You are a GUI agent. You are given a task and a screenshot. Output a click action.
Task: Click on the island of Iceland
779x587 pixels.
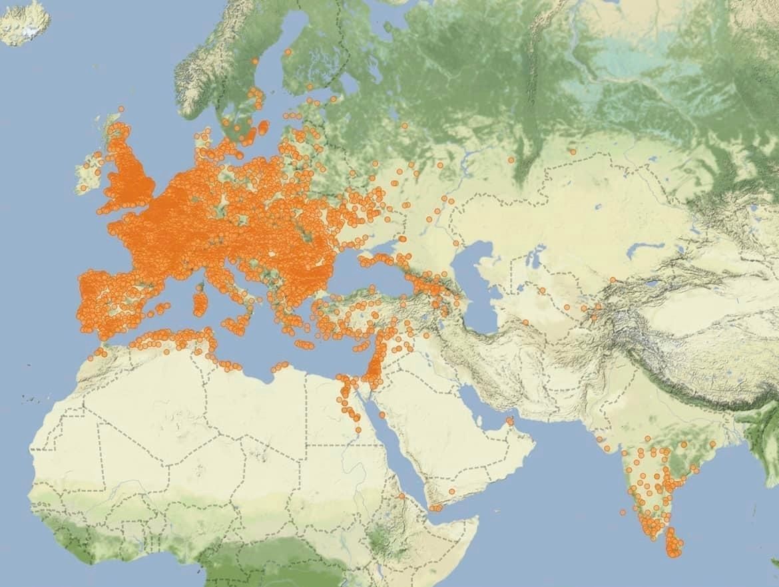(x=25, y=21)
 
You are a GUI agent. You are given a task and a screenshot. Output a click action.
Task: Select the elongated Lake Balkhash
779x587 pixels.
(x=649, y=250)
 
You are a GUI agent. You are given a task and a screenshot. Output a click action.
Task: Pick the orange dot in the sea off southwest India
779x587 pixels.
(x=623, y=512)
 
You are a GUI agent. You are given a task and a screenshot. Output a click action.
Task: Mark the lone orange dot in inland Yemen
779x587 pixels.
(x=451, y=491)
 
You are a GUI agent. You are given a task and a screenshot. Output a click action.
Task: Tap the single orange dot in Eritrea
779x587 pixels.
(x=401, y=496)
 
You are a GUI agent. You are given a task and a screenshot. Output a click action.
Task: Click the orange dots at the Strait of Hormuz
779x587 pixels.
(x=509, y=421)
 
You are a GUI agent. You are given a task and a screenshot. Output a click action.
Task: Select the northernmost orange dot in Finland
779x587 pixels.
(x=288, y=51)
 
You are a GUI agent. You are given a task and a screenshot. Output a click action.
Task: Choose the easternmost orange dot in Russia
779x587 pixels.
(x=572, y=152)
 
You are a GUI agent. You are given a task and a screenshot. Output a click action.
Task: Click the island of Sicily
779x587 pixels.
(x=236, y=325)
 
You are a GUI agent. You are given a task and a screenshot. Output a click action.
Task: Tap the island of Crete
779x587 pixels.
(x=304, y=345)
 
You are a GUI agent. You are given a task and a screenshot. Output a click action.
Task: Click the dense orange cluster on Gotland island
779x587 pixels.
(x=262, y=126)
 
